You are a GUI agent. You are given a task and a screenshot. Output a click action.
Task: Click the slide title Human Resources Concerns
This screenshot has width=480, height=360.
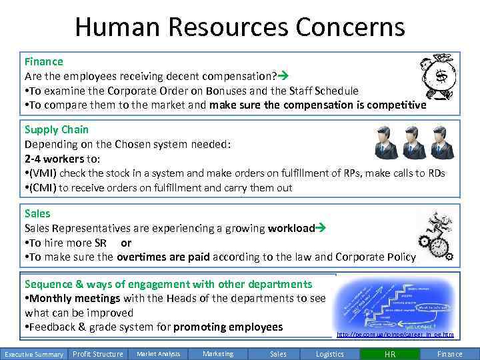coord(239,27)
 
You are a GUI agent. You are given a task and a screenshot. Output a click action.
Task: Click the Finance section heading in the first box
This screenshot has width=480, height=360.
coord(44,61)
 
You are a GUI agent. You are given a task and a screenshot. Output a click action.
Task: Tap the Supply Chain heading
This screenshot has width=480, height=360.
coord(57,129)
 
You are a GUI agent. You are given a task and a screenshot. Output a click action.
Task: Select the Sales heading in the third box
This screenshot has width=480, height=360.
coord(37,213)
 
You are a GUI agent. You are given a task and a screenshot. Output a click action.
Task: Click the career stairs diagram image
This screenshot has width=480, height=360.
coord(396,303)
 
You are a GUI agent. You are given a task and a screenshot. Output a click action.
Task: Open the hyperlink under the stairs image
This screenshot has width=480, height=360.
coord(395,335)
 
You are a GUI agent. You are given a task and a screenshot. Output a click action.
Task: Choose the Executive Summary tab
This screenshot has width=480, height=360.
coord(33,354)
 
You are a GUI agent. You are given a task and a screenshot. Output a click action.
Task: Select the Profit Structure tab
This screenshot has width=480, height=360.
coord(97,354)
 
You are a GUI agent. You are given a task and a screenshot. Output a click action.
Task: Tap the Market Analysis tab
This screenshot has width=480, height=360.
coord(158,354)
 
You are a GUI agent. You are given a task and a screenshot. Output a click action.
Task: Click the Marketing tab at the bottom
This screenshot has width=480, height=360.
coord(218,354)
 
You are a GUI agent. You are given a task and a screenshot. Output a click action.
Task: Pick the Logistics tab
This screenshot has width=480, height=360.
coord(330,354)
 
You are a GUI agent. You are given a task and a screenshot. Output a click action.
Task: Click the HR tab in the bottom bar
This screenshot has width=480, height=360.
coord(390,354)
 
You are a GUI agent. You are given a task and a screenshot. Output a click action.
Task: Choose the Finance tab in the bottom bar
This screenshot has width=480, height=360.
coord(449,354)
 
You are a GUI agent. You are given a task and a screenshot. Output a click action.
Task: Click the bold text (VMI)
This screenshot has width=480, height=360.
coord(42,173)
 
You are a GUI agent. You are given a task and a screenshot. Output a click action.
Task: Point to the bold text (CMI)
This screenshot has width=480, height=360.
coord(42,187)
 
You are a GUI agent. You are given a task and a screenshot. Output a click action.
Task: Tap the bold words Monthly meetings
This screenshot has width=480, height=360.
coord(75,298)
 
